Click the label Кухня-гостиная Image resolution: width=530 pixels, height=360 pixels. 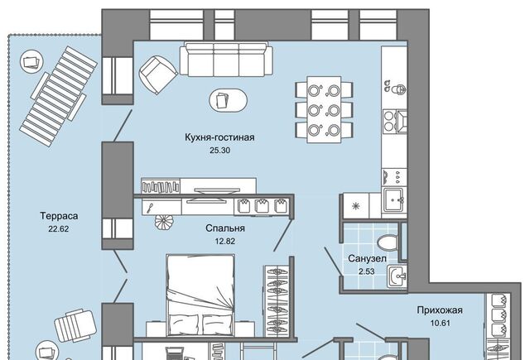coord(219,137)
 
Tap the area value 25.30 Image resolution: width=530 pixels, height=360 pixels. coord(219,151)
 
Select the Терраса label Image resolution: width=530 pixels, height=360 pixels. coord(59,216)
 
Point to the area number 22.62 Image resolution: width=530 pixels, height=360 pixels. coord(59,228)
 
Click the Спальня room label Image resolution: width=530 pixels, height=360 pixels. coord(225,228)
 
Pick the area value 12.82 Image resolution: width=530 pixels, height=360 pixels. coord(224,241)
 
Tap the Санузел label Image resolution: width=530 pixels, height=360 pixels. coord(367,259)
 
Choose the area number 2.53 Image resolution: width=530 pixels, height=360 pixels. coord(367,271)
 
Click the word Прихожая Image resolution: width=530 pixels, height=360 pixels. coord(440,310)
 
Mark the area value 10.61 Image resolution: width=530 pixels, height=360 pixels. coord(440,323)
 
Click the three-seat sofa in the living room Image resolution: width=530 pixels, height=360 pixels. coord(226,59)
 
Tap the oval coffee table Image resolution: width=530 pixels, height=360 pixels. coord(229,99)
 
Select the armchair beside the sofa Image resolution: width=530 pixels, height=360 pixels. coord(158,75)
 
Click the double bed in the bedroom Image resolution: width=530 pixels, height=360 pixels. coord(200,295)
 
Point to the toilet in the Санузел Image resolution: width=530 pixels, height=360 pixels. coord(388,242)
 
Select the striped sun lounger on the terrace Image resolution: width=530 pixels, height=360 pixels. coord(59,96)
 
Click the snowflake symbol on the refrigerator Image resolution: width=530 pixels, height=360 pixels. coord(355,206)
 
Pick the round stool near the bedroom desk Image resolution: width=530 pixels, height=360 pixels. coord(164,223)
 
